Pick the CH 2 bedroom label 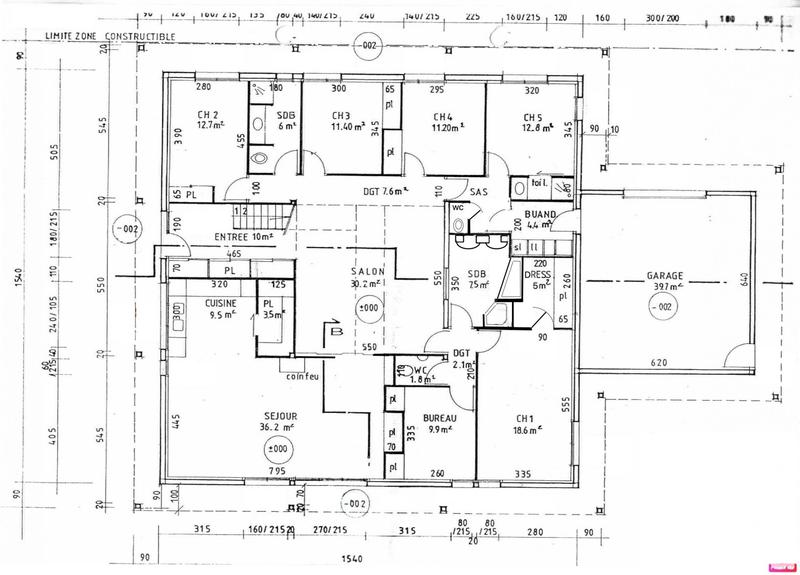pyautogui.click(x=209, y=114)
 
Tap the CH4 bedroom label pyautogui.click(x=442, y=115)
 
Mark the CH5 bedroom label pyautogui.click(x=532, y=115)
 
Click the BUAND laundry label pyautogui.click(x=540, y=213)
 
